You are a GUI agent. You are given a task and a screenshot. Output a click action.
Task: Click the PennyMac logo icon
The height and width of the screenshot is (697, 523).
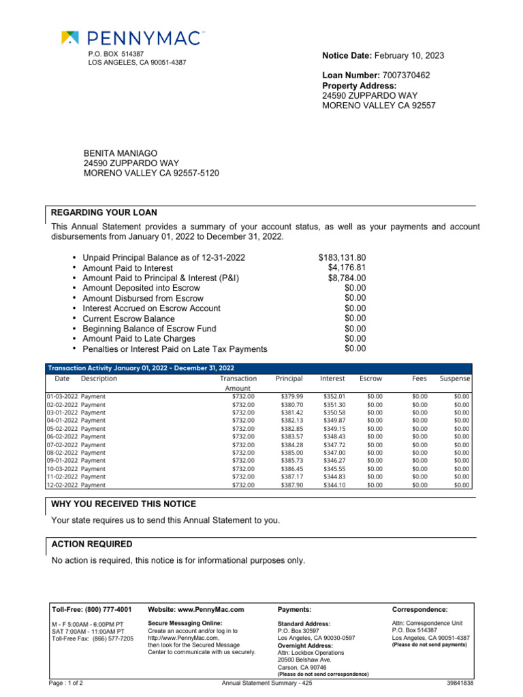tap(69, 37)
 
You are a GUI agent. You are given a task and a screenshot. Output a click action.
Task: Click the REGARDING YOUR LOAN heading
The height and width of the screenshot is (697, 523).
tap(96, 212)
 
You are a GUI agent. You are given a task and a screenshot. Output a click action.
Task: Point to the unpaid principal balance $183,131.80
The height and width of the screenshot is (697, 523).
tap(342, 258)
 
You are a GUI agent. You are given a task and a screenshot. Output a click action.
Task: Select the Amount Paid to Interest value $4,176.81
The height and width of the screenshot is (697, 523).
tap(347, 268)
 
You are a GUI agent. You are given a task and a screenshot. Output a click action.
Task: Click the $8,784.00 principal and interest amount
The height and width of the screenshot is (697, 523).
tap(347, 278)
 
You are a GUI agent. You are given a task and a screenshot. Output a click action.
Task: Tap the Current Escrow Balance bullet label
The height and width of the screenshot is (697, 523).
tap(128, 319)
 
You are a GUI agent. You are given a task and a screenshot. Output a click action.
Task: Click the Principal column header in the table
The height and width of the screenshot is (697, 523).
tap(289, 378)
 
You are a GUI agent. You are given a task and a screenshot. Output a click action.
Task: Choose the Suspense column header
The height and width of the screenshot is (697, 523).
tap(454, 378)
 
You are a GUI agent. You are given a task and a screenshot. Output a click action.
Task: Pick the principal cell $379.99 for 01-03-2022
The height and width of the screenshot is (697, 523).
tap(291, 396)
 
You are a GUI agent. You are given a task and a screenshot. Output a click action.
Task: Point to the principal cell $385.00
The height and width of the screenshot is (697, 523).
tap(291, 453)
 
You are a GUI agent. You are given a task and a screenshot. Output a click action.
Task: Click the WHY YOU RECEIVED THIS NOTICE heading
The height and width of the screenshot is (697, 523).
tap(123, 504)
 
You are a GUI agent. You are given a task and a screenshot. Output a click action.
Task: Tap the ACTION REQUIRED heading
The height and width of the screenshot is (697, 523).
tap(92, 545)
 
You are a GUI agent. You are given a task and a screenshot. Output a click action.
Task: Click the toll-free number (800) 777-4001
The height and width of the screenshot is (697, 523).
tap(108, 610)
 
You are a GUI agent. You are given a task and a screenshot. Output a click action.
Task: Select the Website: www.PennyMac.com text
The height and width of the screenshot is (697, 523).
tap(195, 610)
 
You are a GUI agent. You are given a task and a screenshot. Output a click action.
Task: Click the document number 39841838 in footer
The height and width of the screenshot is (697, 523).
tap(460, 683)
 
